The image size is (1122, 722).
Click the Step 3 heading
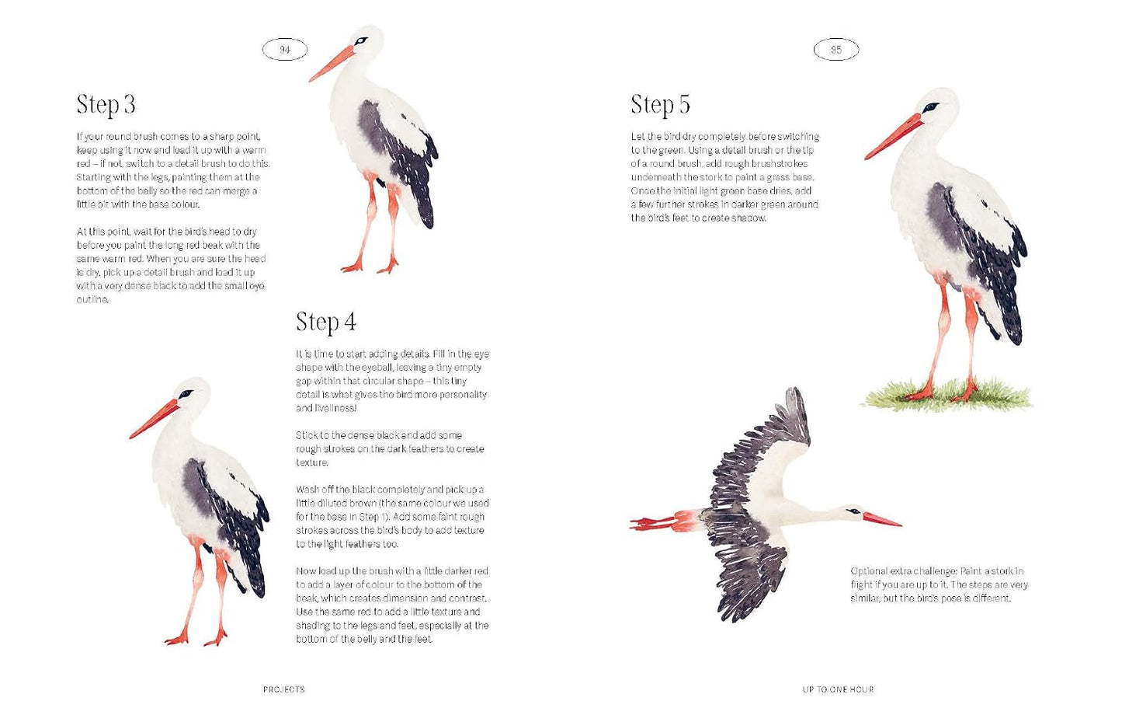106,105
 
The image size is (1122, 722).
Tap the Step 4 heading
325,322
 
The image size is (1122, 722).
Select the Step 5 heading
660,105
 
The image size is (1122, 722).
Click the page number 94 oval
285,50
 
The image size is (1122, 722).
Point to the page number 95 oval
836,50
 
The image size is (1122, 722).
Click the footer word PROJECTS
284,689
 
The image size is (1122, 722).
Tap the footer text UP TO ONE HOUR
838,689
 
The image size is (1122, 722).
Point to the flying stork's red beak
882,520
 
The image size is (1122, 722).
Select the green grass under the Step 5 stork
947,394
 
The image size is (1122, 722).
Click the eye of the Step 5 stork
931,107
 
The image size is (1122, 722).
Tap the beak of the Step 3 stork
332,64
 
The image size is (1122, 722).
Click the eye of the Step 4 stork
186,394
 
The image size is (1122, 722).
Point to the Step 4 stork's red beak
154,419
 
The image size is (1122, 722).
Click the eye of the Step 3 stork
360,40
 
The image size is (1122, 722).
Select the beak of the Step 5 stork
893,137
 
